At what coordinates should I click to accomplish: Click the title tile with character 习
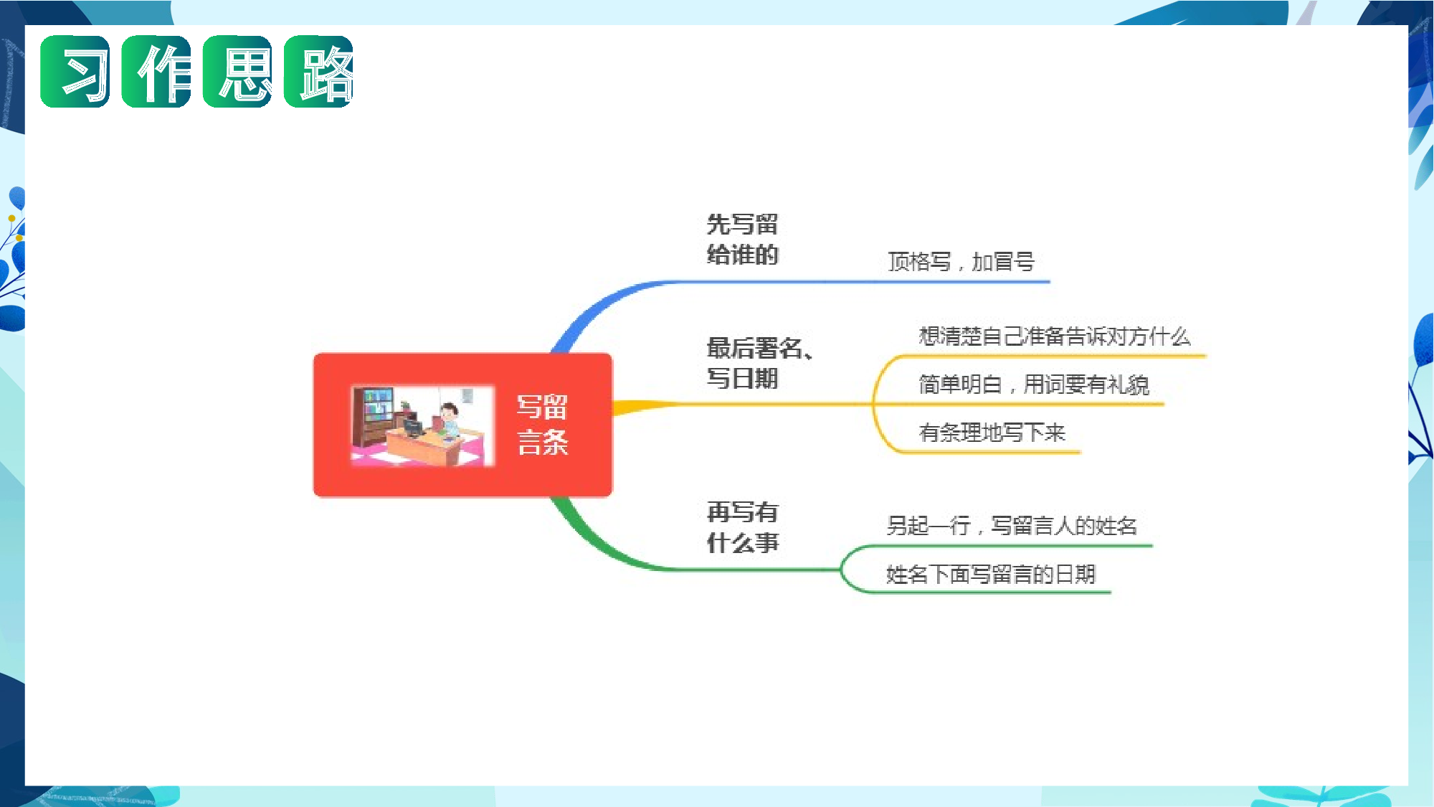(75, 72)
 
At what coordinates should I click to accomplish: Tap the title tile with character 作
(156, 72)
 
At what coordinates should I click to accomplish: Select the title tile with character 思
(237, 72)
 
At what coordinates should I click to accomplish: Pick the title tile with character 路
(318, 72)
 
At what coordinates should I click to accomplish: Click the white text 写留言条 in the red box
(543, 425)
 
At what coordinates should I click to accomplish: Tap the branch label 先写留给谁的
(742, 240)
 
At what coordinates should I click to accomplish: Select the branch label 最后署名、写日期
(759, 363)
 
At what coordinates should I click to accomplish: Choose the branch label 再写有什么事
(742, 527)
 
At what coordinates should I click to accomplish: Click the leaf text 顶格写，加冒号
(961, 262)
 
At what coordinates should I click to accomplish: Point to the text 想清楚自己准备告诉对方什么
(1054, 336)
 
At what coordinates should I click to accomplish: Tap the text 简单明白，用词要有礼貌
(1034, 384)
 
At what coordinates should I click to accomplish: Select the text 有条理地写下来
(992, 433)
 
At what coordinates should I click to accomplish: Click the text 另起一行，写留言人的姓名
(1012, 526)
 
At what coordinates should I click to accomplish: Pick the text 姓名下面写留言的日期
(991, 574)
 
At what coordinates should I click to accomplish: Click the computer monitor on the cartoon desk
(413, 428)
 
